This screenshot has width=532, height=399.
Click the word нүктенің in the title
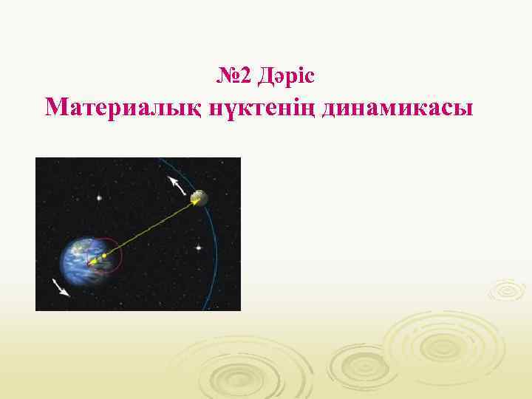(256, 109)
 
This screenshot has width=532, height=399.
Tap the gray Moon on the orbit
(198, 197)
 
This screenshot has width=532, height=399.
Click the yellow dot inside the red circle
(105, 256)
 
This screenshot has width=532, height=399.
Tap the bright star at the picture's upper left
(98, 197)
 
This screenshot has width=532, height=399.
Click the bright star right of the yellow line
(197, 248)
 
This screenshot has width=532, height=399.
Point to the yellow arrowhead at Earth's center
(92, 262)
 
